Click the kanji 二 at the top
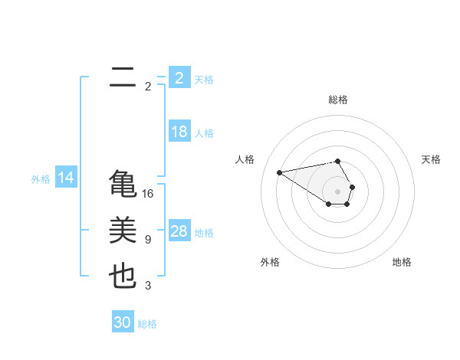tap(123, 77)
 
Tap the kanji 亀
tap(123, 185)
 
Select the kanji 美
tap(123, 231)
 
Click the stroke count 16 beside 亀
tap(148, 194)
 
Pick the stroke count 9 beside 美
tap(148, 240)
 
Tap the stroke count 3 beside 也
tap(148, 286)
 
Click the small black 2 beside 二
tap(148, 87)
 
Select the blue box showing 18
tap(179, 132)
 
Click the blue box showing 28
tap(179, 231)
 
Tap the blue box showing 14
tap(66, 178)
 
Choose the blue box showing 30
tap(123, 322)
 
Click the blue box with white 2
tap(179, 77)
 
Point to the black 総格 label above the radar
tap(338, 100)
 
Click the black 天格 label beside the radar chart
tap(432, 159)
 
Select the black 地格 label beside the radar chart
tap(402, 262)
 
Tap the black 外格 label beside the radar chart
tap(270, 262)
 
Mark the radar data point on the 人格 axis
tap(279, 172)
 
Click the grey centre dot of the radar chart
tap(338, 191)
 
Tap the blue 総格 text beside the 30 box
tap(148, 324)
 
